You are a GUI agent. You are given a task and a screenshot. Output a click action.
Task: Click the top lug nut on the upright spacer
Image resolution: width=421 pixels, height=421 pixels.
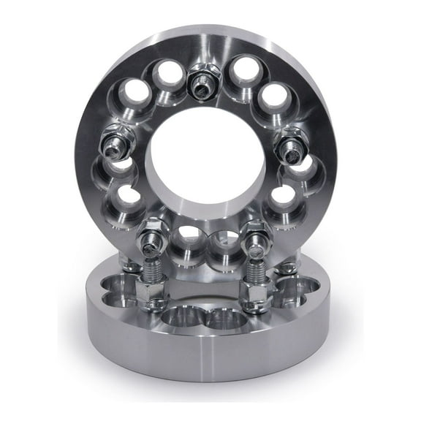point(202,84)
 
